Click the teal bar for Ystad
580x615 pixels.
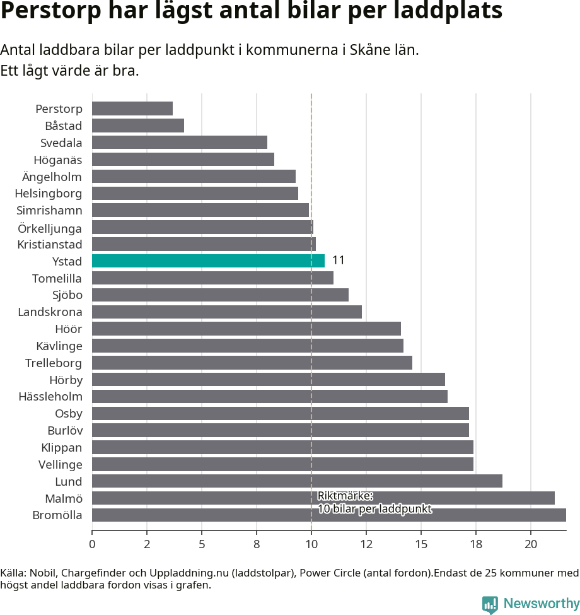click(208, 261)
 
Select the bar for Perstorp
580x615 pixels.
click(132, 108)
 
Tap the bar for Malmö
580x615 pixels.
click(323, 498)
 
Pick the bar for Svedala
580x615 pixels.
click(180, 143)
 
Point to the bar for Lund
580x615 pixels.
click(297, 481)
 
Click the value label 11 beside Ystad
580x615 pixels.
click(339, 261)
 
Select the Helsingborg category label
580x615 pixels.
click(49, 193)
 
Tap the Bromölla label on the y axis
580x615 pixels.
click(57, 515)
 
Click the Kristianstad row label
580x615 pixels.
click(50, 244)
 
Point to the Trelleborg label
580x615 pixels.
click(54, 363)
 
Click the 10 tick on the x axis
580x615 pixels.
click(311, 544)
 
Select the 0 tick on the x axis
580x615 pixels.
click(92, 544)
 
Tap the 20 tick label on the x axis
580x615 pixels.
click(531, 544)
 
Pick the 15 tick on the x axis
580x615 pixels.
click(421, 544)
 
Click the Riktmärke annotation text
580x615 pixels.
click(374, 502)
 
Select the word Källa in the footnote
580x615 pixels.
click(13, 573)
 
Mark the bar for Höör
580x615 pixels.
click(246, 329)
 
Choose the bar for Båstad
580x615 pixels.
click(138, 126)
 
